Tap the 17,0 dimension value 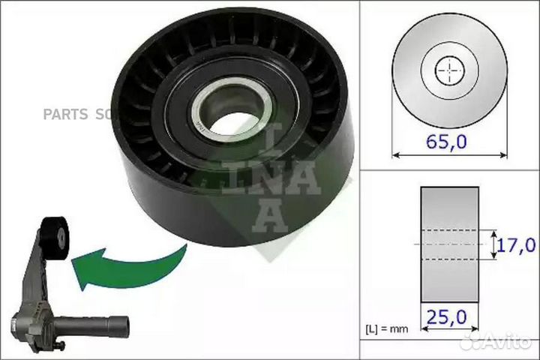pyautogui.click(x=517, y=244)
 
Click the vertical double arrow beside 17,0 pyautogui.click(x=493, y=244)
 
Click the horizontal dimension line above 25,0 pyautogui.click(x=449, y=331)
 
